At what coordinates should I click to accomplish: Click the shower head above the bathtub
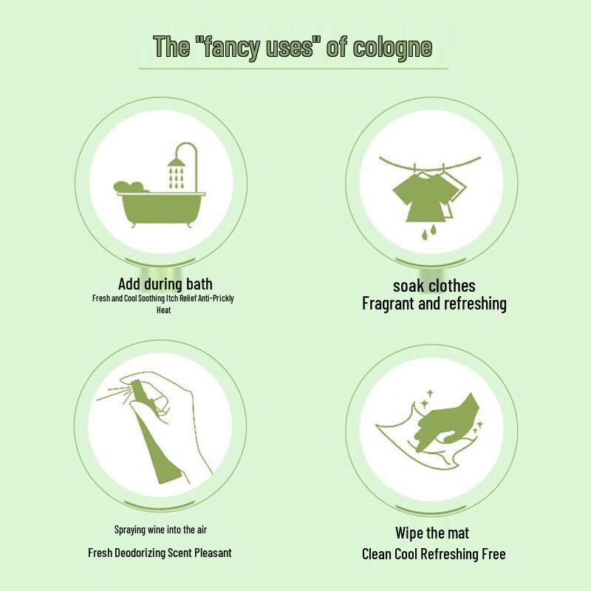[177, 160]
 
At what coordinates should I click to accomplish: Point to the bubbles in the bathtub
[131, 185]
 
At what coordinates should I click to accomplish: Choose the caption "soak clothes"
[434, 286]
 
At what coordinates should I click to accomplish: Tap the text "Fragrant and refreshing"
[434, 304]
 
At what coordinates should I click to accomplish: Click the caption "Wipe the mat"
[432, 533]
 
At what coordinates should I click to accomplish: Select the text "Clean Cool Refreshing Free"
[434, 554]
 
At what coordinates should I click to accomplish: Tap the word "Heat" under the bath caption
[164, 310]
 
